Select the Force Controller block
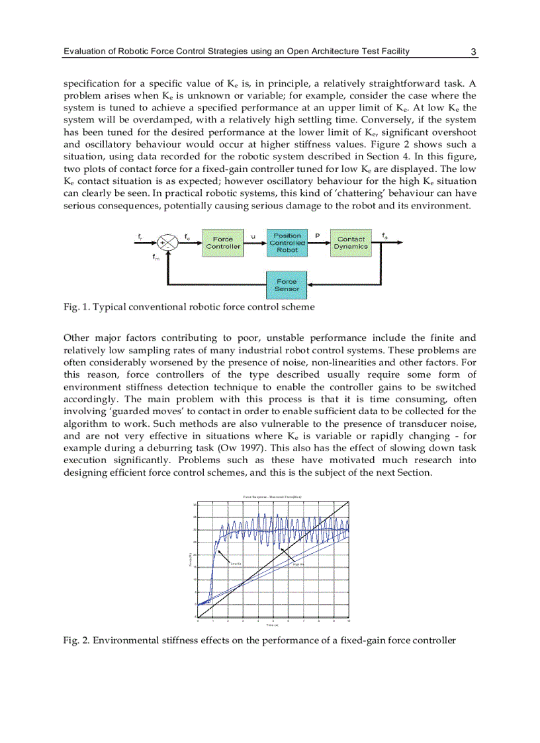223,243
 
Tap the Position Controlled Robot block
287,243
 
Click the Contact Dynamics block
351,243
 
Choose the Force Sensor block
287,284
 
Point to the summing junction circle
170,243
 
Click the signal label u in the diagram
253,236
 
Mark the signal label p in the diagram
317,236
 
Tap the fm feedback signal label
156,258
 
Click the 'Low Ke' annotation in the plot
234,564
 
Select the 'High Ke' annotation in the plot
298,564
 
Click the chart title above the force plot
272,497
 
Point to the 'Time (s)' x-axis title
272,625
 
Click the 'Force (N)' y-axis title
190,560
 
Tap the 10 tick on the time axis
348,621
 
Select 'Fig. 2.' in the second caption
77,640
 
